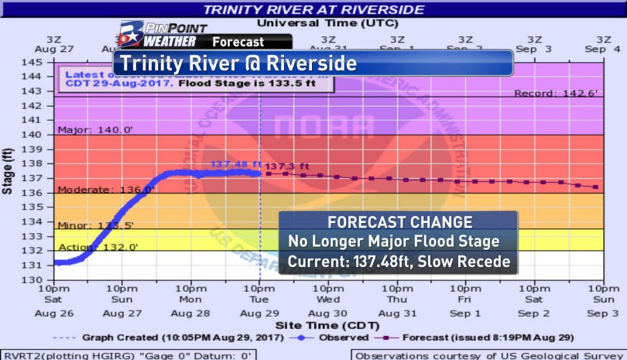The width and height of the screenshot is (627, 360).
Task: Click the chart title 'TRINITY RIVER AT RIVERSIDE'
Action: point(313,9)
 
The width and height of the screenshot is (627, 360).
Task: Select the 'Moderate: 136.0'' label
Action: point(96,189)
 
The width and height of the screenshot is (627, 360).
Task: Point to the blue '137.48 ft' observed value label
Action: point(235,164)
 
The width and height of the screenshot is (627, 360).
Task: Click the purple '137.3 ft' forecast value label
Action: point(287,166)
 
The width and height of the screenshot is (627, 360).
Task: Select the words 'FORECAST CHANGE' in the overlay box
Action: point(399,222)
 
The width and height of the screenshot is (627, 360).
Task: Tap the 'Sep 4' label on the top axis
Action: point(602,50)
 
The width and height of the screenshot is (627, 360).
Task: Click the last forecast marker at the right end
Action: point(595,187)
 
